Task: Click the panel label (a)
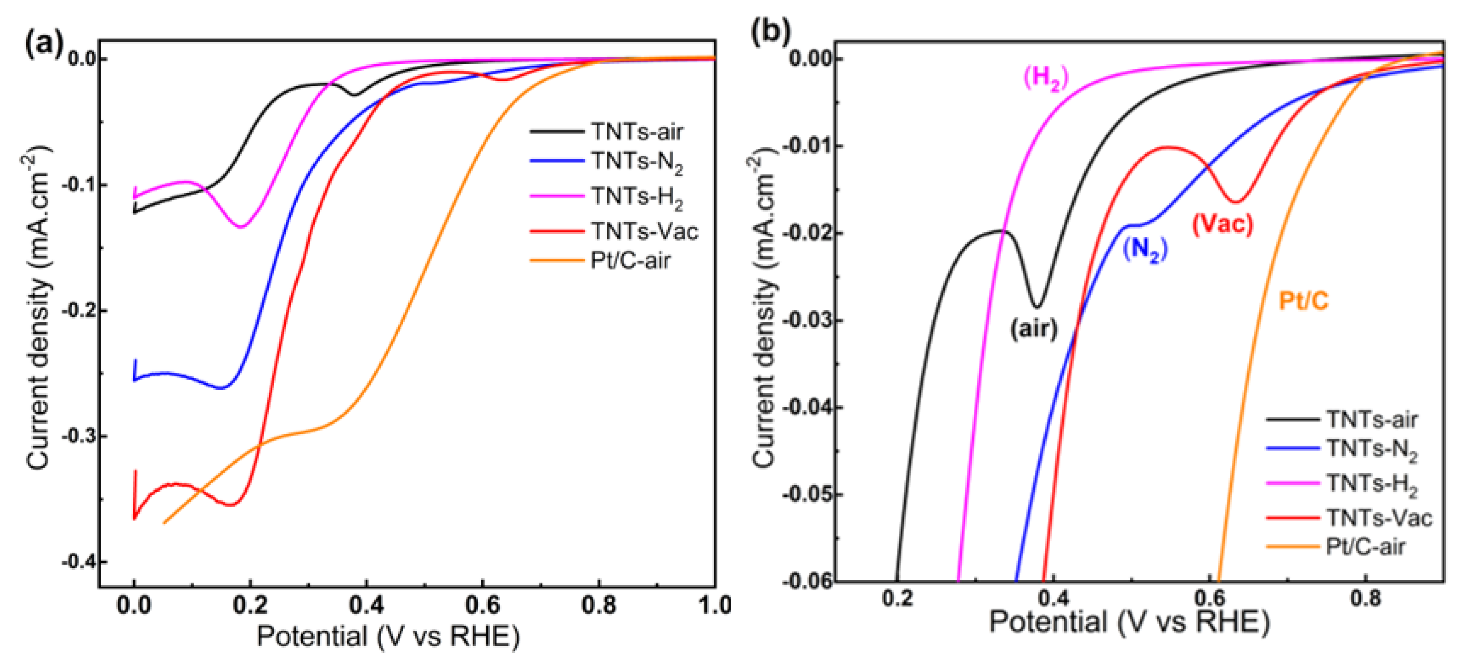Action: click(x=43, y=44)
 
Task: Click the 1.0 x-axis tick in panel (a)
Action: click(x=715, y=605)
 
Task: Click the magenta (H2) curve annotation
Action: click(x=1045, y=78)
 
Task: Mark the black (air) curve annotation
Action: click(x=1033, y=328)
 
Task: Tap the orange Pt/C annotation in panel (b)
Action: click(x=1303, y=301)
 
